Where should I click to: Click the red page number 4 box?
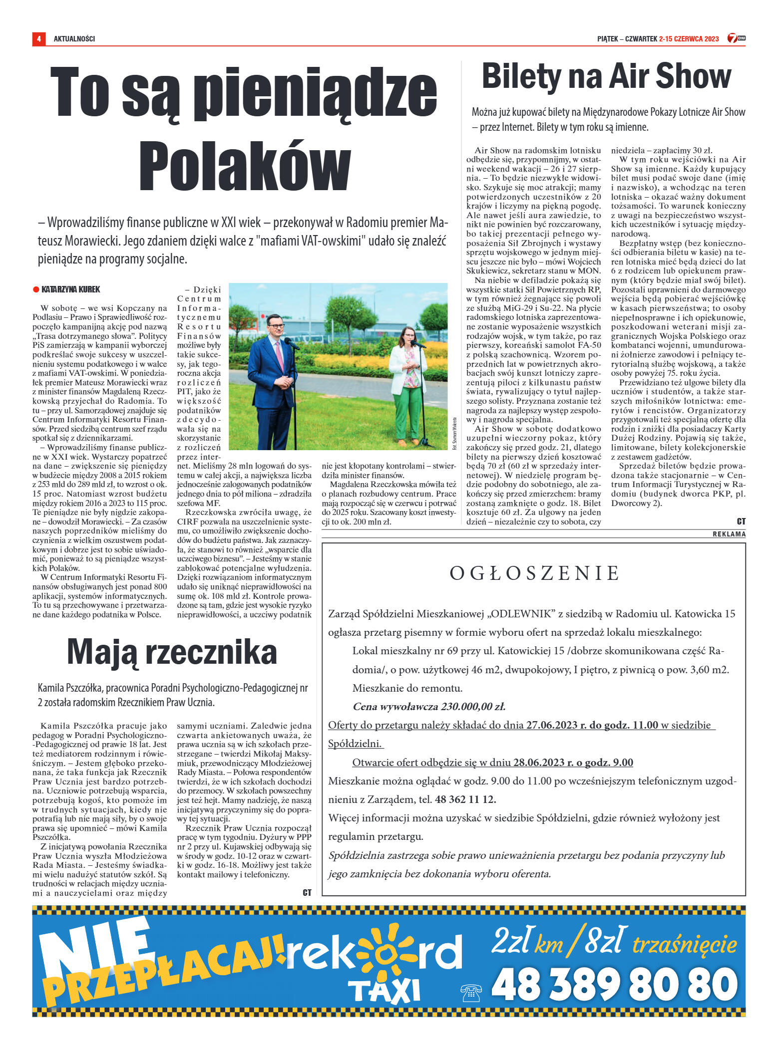[38, 38]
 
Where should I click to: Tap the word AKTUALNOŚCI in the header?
[74, 38]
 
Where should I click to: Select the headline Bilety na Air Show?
[606, 76]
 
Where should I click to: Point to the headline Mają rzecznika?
[172, 652]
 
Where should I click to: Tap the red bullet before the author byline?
[36, 289]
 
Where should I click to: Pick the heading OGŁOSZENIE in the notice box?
[534, 573]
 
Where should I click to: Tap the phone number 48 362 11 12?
[465, 799]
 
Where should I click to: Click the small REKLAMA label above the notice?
[729, 534]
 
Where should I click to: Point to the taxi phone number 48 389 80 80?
[614, 985]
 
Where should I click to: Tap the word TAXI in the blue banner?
[384, 990]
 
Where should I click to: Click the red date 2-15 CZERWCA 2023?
[689, 38]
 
